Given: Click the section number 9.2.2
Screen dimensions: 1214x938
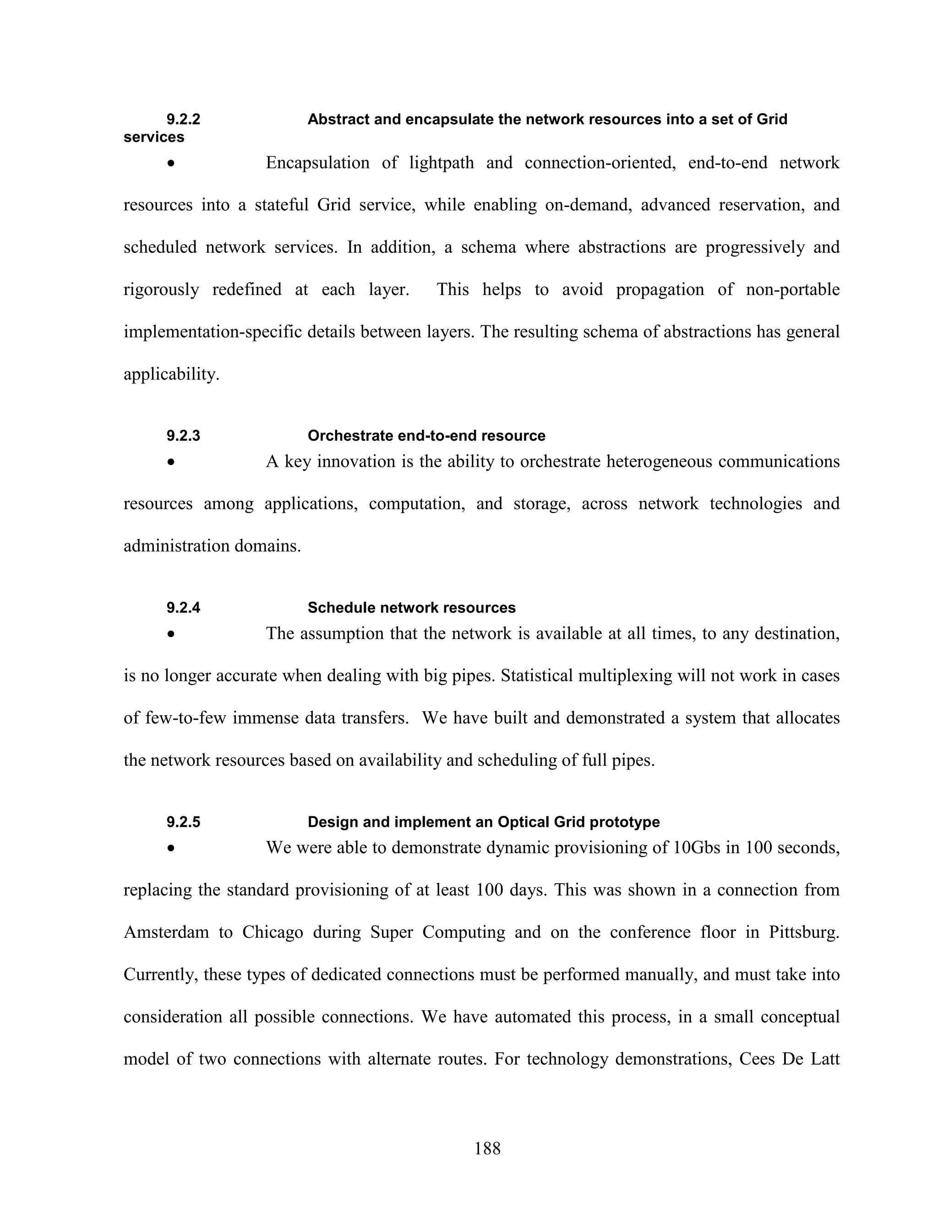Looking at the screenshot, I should [x=183, y=120].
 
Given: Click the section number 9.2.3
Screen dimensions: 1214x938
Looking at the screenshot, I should [x=183, y=435].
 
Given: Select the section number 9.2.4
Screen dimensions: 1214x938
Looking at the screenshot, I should [x=183, y=607].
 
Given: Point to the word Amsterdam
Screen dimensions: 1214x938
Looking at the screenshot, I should [x=166, y=932].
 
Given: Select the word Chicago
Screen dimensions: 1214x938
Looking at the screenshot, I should [x=273, y=932].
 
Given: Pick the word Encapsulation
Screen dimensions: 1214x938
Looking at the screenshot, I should [x=317, y=163].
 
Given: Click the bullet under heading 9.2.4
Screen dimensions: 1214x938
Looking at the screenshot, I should [x=172, y=634].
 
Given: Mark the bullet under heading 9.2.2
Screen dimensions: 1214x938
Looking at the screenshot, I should [x=172, y=164].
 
